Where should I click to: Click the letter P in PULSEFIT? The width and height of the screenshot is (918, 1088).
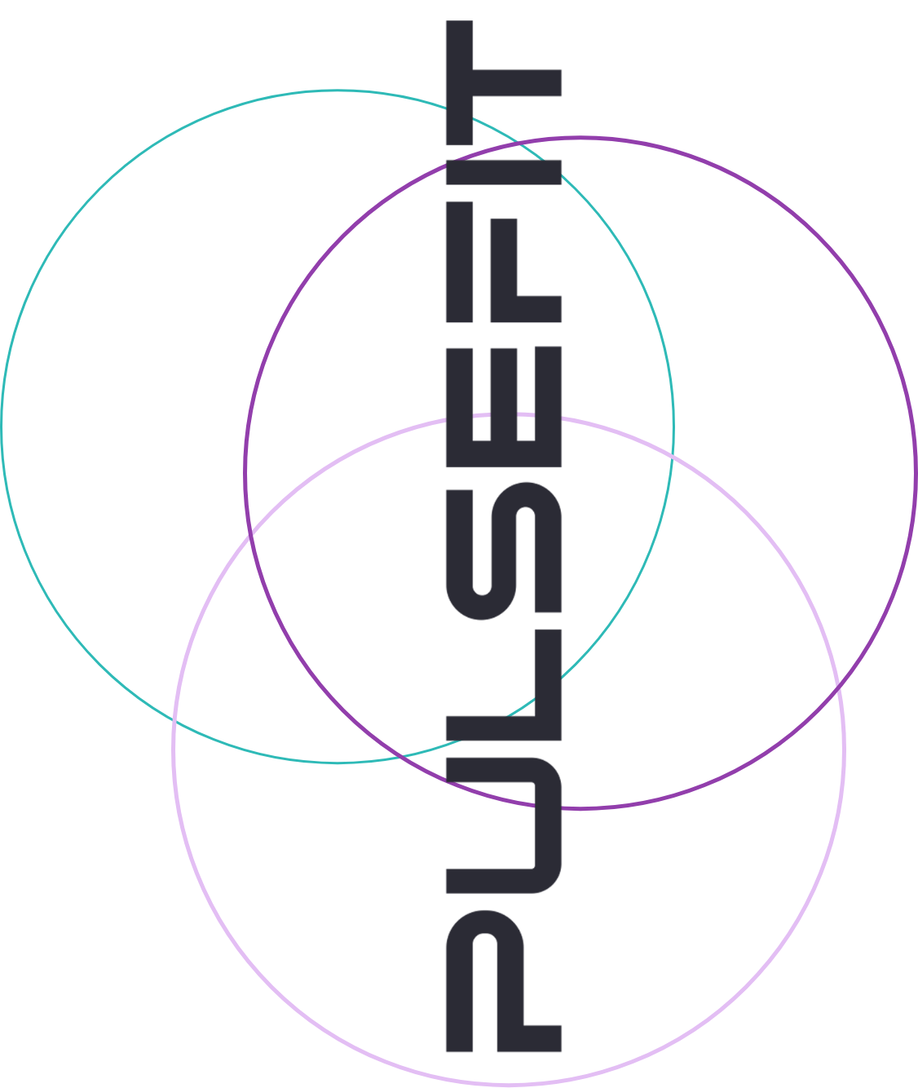pos(503,979)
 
